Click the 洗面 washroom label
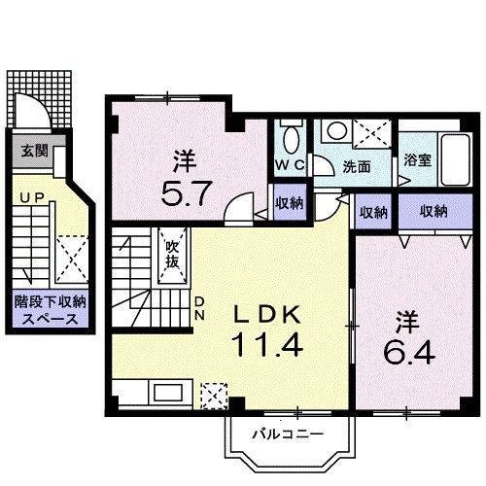[356, 166]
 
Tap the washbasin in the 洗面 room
[337, 131]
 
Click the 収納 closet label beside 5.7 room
[289, 203]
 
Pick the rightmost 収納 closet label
[434, 212]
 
